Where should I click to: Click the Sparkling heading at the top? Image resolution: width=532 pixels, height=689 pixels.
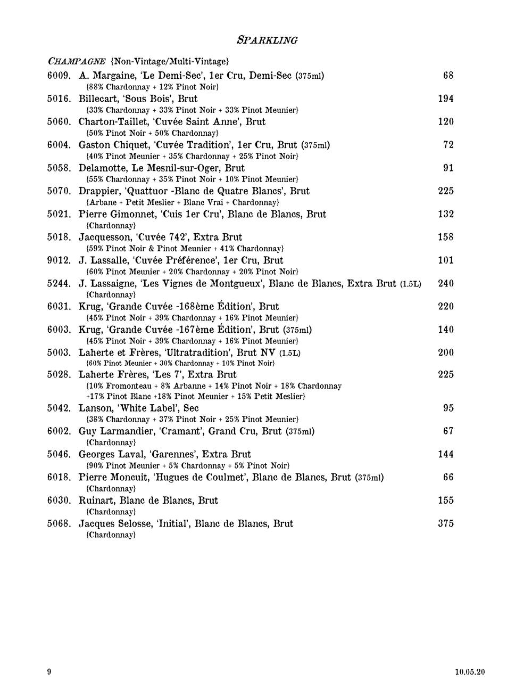pyautogui.click(x=267, y=40)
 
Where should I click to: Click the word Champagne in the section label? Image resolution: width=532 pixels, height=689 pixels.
pyautogui.click(x=76, y=61)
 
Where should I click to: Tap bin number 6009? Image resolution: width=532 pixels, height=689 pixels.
pyautogui.click(x=59, y=76)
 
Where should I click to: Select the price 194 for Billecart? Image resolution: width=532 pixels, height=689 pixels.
pyautogui.click(x=446, y=99)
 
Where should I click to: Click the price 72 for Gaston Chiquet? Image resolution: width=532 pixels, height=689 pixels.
pyautogui.click(x=448, y=145)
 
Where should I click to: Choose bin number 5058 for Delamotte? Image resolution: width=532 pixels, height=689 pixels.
pyautogui.click(x=59, y=168)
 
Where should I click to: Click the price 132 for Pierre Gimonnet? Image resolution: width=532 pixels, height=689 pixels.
pyautogui.click(x=446, y=214)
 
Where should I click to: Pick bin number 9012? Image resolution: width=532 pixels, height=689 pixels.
pyautogui.click(x=59, y=260)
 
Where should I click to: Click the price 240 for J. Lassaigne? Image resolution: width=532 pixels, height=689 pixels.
pyautogui.click(x=446, y=283)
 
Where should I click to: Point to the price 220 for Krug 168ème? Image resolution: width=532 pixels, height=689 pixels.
pyautogui.click(x=446, y=307)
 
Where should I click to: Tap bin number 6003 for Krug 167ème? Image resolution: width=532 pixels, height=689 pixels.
pyautogui.click(x=59, y=330)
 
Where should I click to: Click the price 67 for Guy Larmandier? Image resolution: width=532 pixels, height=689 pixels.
pyautogui.click(x=448, y=431)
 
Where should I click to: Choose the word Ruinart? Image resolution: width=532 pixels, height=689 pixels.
pyautogui.click(x=96, y=501)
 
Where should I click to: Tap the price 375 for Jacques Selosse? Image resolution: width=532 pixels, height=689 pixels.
pyautogui.click(x=446, y=523)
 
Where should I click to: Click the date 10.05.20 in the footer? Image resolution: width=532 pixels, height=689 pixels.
pyautogui.click(x=470, y=672)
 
